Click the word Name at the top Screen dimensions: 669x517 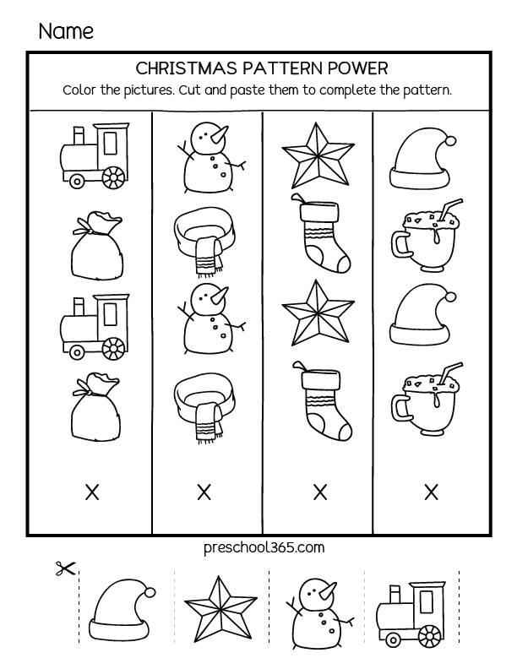65,31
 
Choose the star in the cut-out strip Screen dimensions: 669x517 220,606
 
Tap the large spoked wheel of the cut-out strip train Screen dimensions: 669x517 430,635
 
